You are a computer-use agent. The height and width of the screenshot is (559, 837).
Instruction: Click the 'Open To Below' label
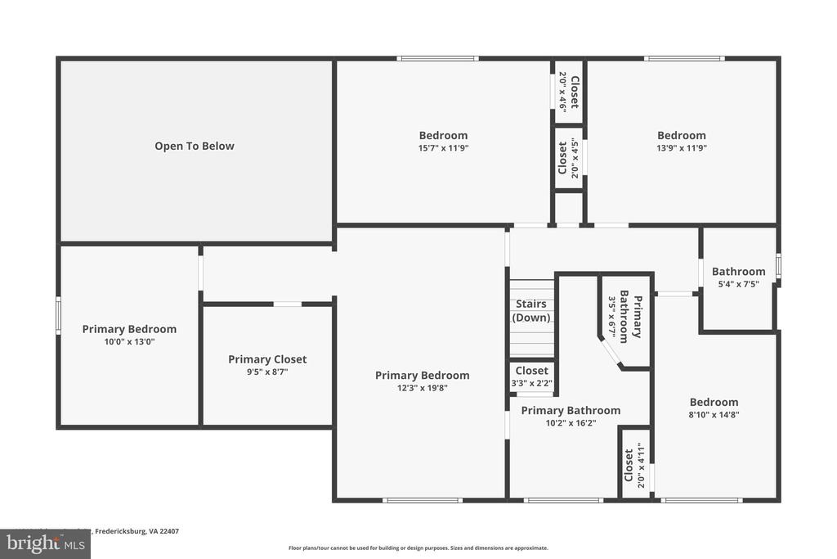tap(195, 147)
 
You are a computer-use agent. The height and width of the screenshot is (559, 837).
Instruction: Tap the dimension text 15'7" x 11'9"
tap(443, 148)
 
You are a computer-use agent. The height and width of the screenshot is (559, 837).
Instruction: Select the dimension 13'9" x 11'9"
tap(682, 148)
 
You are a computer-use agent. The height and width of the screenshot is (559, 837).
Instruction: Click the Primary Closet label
tap(267, 359)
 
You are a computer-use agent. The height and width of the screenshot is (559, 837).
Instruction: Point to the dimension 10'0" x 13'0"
tap(129, 342)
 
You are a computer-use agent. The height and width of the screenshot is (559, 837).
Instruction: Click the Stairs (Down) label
tap(531, 311)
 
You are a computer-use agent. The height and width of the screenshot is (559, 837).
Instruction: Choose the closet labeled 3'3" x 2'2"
tap(532, 376)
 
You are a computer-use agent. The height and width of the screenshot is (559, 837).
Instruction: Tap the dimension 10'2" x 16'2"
tap(571, 423)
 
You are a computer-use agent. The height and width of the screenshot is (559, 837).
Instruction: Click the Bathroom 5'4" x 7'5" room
tap(738, 277)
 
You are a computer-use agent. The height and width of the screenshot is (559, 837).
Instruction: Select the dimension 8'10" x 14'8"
tap(714, 415)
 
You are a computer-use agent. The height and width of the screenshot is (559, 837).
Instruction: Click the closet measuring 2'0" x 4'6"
tap(568, 92)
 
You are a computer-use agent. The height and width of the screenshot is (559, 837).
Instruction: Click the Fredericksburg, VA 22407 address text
tap(137, 531)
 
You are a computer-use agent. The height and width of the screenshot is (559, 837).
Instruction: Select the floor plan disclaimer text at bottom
tap(418, 548)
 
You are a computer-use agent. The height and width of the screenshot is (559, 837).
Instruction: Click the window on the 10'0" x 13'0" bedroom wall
tap(58, 316)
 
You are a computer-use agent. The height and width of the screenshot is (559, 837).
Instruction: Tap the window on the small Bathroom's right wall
tap(778, 267)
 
